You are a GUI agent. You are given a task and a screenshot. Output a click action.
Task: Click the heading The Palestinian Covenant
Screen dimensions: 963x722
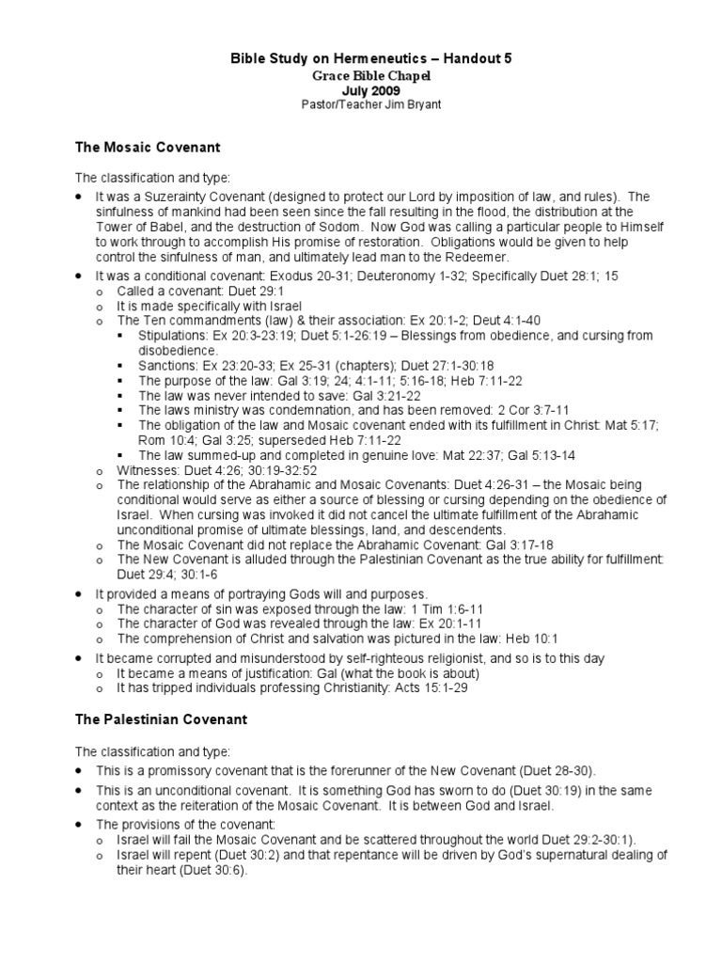161,719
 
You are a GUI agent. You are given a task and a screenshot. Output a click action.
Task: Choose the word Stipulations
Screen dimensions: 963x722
171,334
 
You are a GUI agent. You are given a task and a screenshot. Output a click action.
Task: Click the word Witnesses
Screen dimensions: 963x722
145,469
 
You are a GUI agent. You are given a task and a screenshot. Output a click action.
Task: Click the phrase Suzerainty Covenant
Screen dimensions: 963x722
199,196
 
